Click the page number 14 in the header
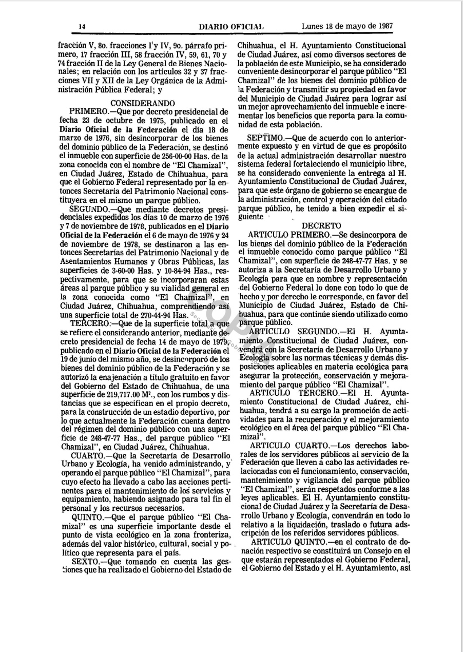[82, 27]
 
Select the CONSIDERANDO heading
[143, 103]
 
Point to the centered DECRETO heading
[321, 225]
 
